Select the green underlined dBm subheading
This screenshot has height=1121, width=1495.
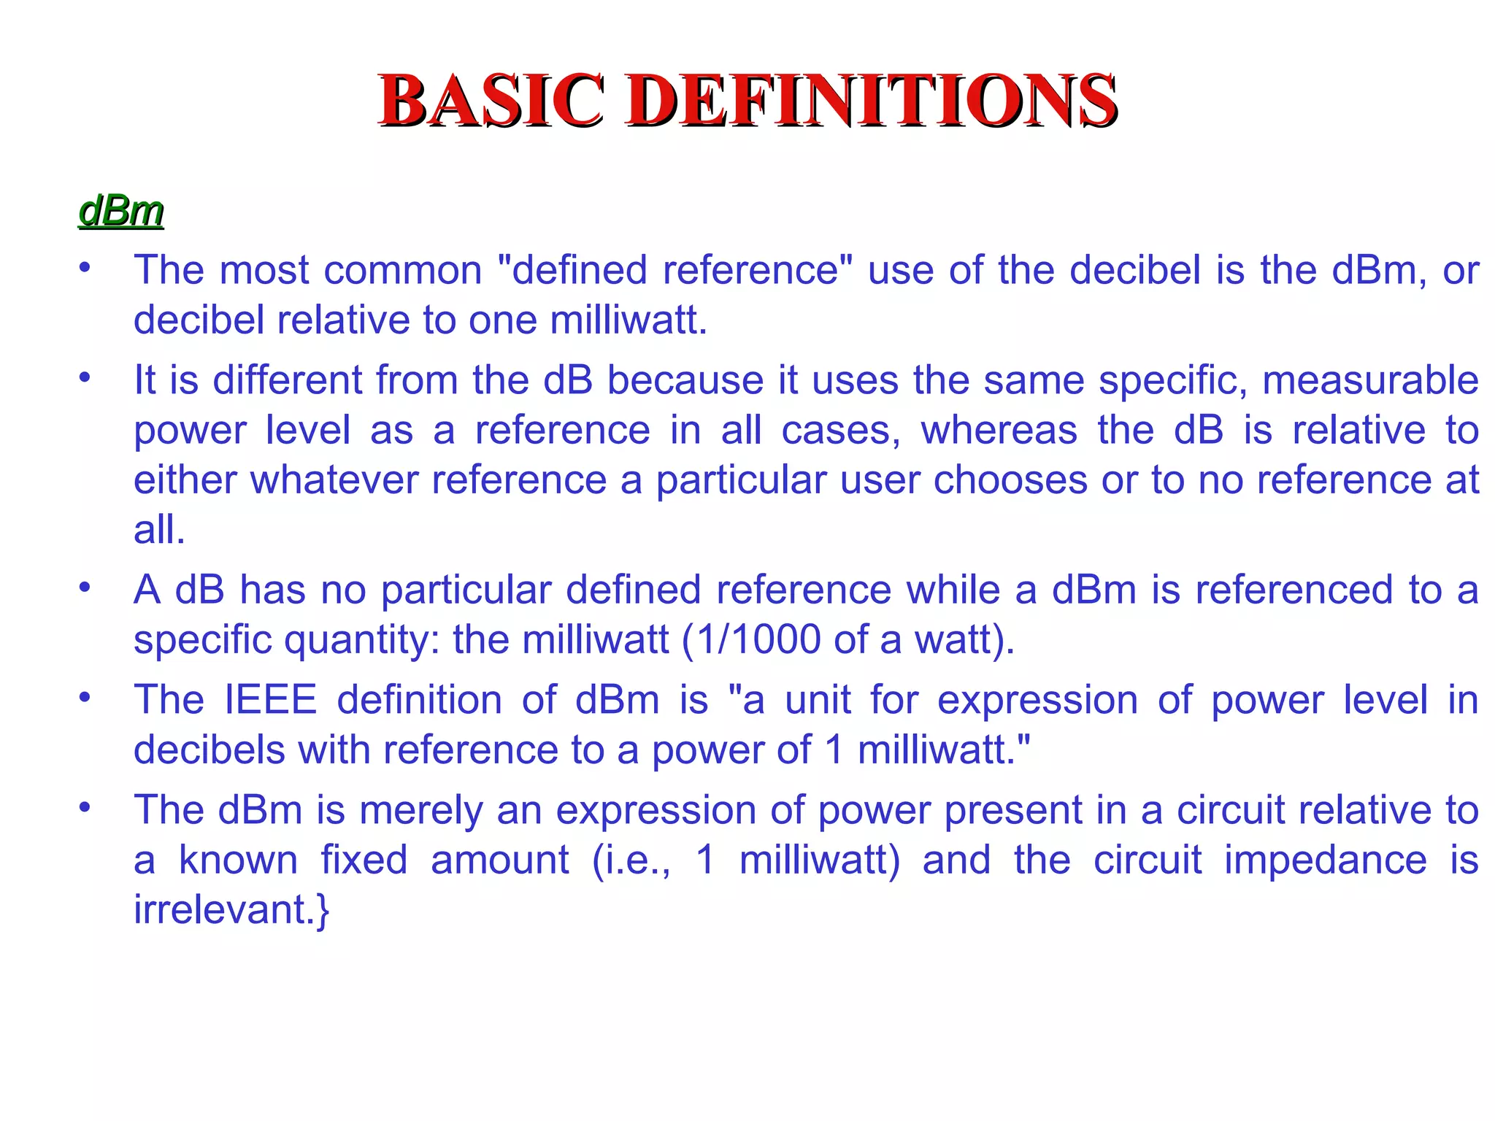[x=121, y=211]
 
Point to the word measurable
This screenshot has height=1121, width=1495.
[x=1370, y=380]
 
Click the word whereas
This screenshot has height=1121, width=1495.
[x=999, y=430]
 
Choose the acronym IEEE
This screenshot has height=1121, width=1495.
[x=271, y=700]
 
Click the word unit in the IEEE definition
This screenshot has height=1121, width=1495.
[x=818, y=700]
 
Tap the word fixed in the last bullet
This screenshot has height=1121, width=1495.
[x=364, y=860]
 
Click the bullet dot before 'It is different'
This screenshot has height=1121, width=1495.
[x=85, y=377]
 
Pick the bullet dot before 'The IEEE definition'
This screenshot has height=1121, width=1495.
[x=85, y=696]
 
